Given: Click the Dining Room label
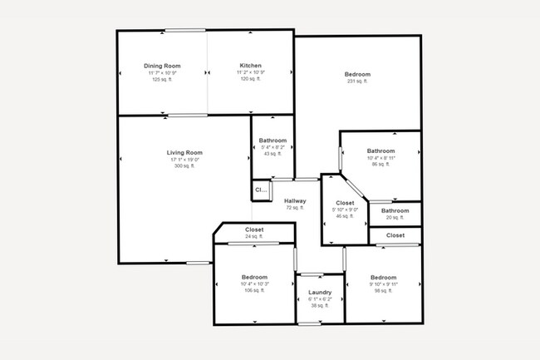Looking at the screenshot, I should [162, 66].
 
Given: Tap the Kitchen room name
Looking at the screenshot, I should [251, 66].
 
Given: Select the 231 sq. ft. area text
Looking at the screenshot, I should [357, 81].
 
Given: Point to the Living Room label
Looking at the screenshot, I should [184, 152].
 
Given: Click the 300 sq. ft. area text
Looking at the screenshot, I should [184, 166].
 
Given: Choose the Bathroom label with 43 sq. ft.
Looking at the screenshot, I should [272, 141].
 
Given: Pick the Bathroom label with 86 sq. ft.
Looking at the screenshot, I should [381, 150].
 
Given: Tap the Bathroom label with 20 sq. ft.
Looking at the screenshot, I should [395, 210].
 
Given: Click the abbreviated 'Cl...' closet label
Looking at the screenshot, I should [261, 190].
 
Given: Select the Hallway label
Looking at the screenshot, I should [295, 200].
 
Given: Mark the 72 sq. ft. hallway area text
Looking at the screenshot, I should [295, 208].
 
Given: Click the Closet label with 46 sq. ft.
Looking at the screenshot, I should [345, 203].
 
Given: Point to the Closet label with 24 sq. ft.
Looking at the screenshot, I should [254, 229].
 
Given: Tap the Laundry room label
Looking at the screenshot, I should [320, 292].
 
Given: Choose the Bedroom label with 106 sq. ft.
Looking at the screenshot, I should [254, 277].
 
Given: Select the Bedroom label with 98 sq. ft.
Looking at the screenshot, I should [384, 277].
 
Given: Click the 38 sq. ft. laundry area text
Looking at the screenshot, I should [320, 306].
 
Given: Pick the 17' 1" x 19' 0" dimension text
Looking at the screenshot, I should [184, 160].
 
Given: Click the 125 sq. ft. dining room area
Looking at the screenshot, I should [162, 80].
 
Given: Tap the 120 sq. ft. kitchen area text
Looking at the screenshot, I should [251, 80].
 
